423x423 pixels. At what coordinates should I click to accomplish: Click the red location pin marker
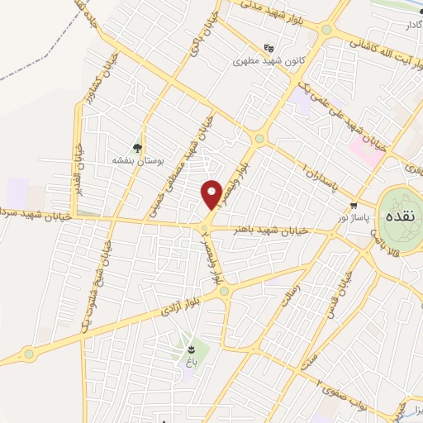212,194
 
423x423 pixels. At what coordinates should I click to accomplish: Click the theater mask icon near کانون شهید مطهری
267,49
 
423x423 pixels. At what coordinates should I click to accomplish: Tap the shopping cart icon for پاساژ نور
354,204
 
